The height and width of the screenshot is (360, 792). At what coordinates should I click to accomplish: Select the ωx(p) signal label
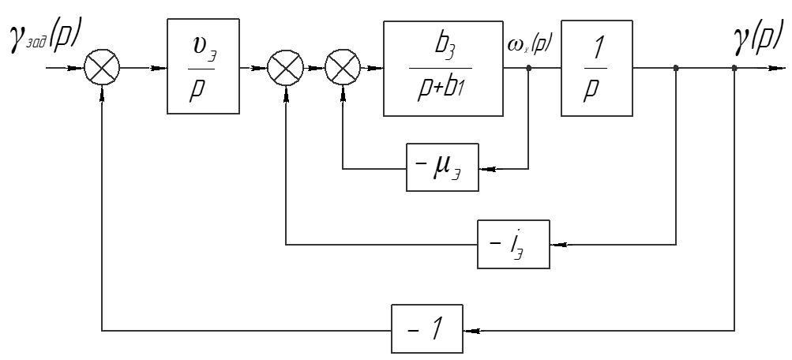pyautogui.click(x=530, y=49)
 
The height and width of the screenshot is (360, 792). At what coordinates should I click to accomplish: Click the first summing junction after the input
pyautogui.click(x=103, y=69)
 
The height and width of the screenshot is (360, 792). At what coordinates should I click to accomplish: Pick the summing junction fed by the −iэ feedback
pyautogui.click(x=285, y=69)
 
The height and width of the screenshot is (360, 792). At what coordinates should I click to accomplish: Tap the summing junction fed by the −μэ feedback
pyautogui.click(x=342, y=69)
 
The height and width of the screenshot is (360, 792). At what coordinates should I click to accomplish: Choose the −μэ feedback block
pyautogui.click(x=442, y=167)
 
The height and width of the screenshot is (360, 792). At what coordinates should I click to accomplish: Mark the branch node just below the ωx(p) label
pyautogui.click(x=528, y=69)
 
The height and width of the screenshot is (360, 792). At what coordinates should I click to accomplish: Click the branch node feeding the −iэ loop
pyautogui.click(x=676, y=69)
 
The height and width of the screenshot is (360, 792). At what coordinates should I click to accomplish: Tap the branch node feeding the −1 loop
pyautogui.click(x=734, y=69)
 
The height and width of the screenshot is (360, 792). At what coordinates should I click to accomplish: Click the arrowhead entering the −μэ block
pyautogui.click(x=485, y=167)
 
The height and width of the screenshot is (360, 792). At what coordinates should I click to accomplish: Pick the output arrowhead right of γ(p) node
pyautogui.click(x=770, y=69)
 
